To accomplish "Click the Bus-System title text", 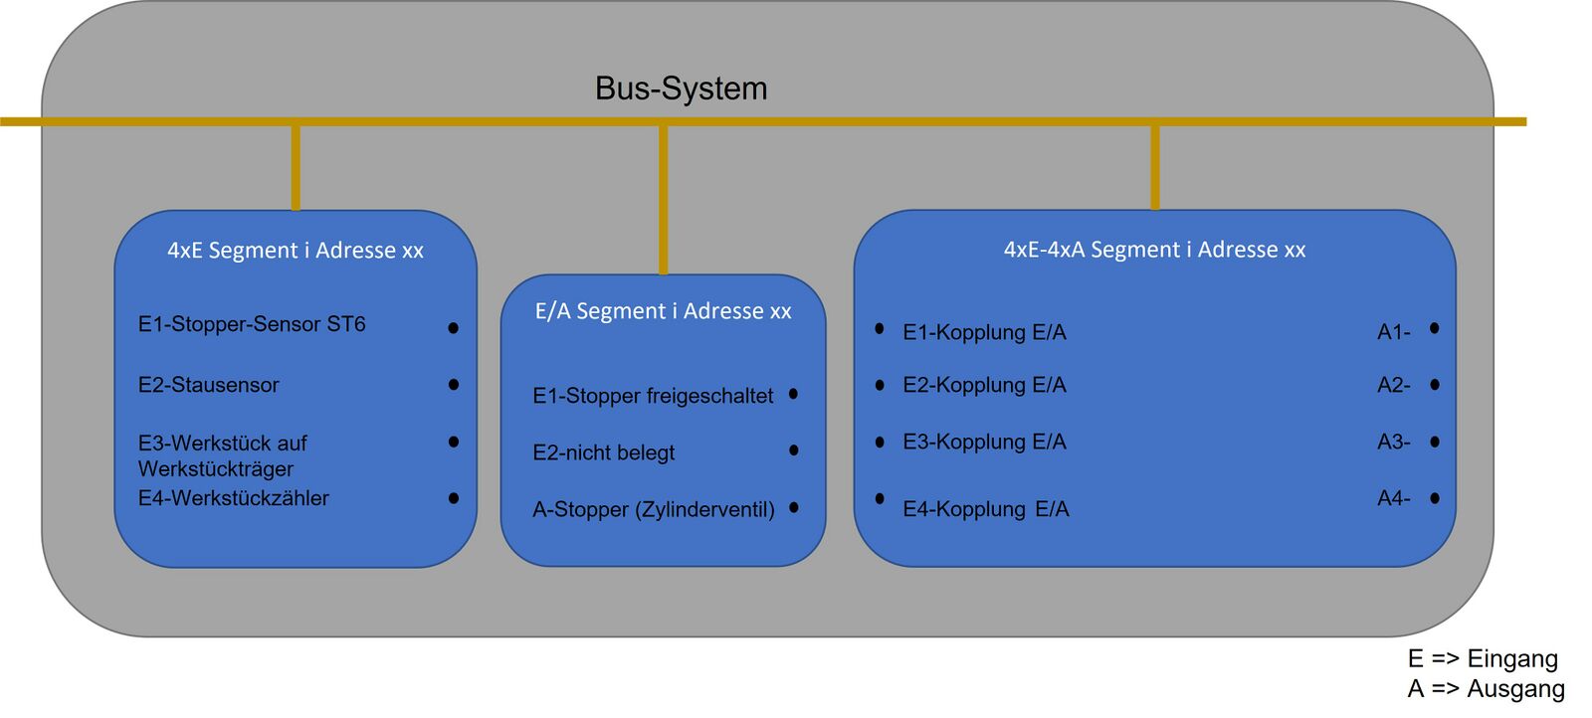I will (681, 89).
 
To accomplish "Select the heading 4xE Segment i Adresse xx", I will (296, 251).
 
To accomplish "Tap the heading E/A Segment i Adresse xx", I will (663, 311).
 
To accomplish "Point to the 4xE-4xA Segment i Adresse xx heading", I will (1154, 250).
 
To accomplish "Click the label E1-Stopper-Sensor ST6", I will (252, 324).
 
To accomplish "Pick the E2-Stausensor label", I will (209, 385).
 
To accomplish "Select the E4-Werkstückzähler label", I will (234, 498).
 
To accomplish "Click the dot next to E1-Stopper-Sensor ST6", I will (454, 327).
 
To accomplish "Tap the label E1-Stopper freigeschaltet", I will (653, 396).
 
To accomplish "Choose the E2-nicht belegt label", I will (603, 452).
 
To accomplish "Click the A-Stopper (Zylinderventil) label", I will (653, 509).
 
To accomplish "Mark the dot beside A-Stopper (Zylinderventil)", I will (794, 507).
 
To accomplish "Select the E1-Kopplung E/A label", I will (984, 332).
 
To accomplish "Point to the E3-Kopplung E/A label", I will (984, 442).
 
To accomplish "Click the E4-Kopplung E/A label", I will (985, 509).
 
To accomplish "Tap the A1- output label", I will (1393, 332).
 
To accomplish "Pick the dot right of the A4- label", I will (1435, 498).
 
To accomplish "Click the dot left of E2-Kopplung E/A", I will (880, 385).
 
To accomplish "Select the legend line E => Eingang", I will (1483, 658).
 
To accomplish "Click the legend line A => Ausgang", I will (1486, 688).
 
